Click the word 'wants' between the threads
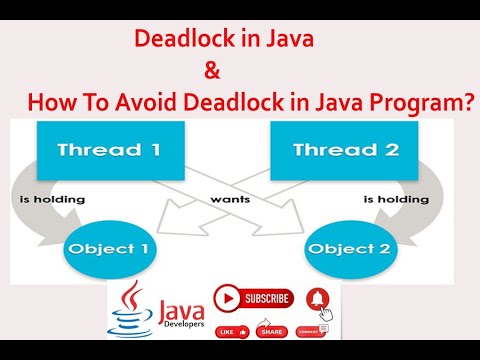(x=230, y=199)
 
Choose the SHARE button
(x=270, y=331)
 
